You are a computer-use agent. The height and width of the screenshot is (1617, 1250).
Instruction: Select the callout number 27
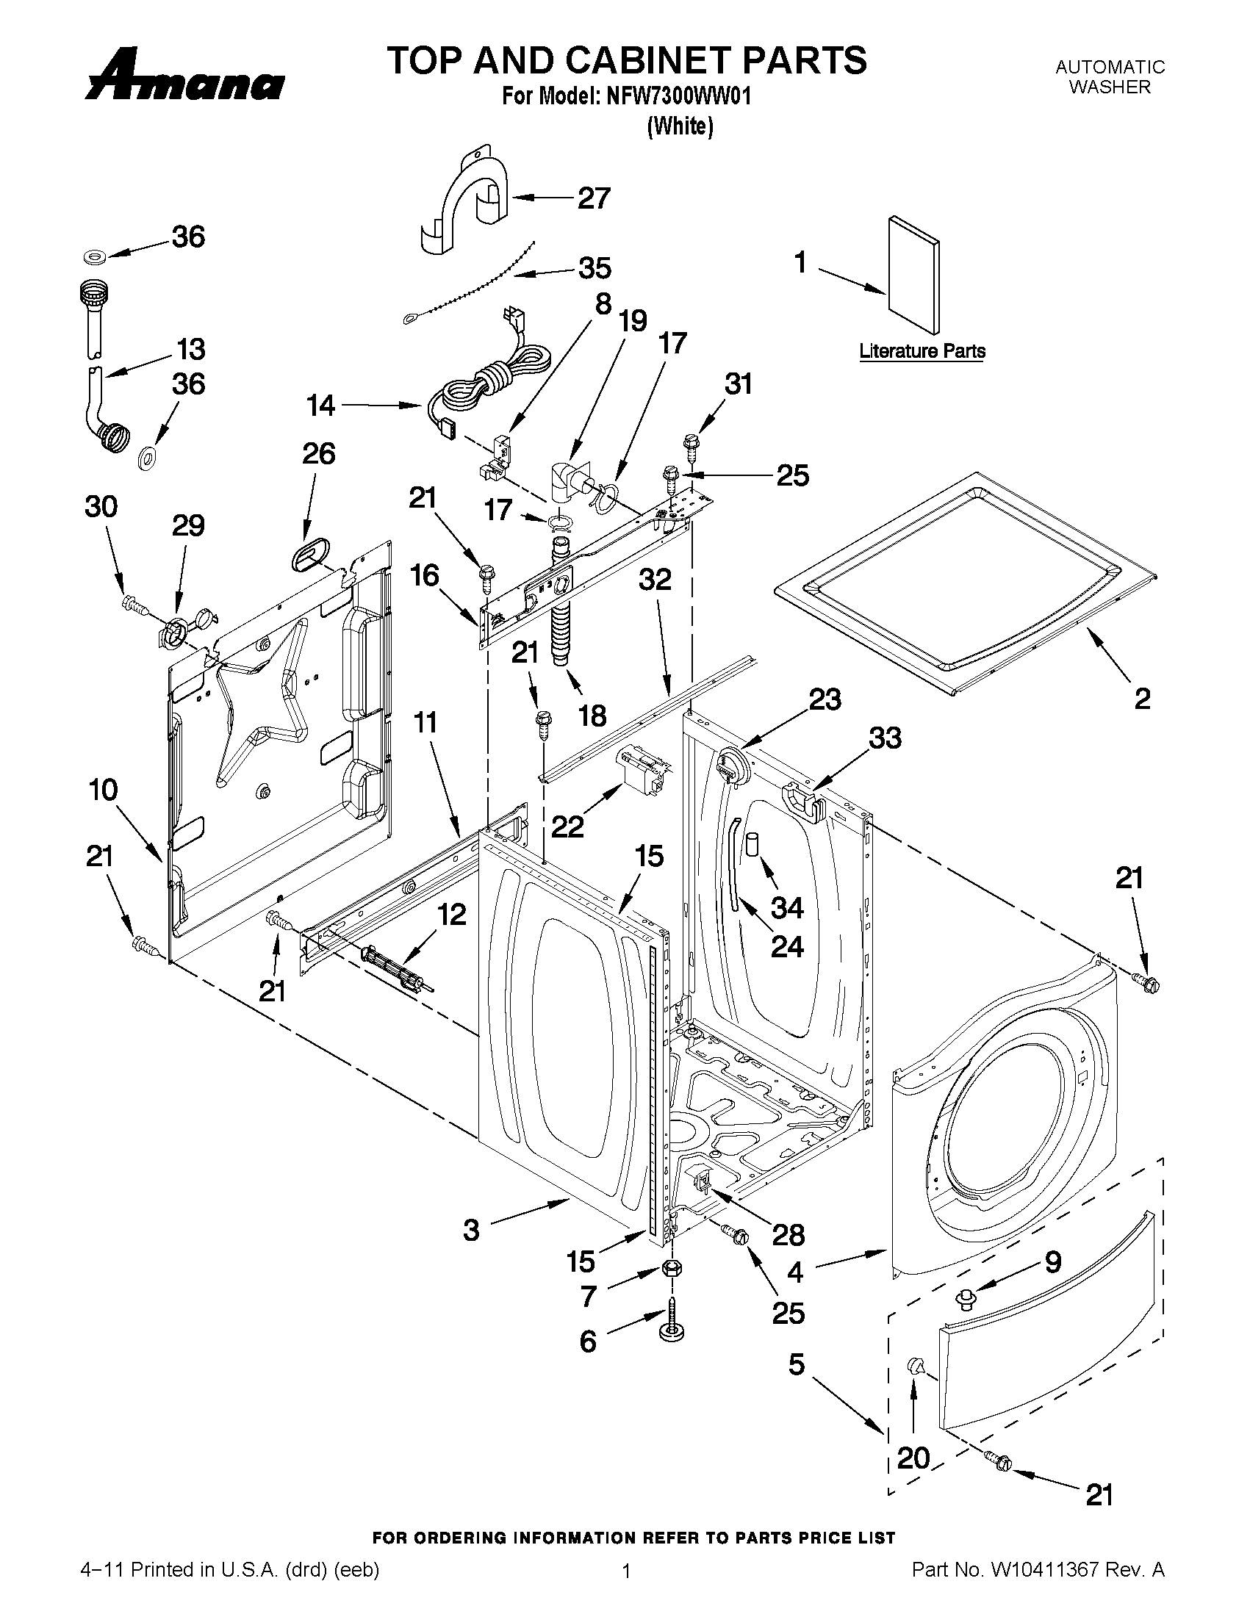click(x=594, y=198)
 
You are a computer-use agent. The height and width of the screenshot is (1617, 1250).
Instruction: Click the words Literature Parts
click(x=922, y=351)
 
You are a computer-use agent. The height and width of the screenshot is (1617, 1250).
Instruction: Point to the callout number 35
click(x=595, y=268)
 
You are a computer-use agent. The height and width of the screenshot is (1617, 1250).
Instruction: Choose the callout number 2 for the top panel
click(x=1142, y=698)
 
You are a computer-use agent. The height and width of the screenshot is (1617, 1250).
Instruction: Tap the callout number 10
click(x=104, y=790)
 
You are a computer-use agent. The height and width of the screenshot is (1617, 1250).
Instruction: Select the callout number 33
click(x=885, y=738)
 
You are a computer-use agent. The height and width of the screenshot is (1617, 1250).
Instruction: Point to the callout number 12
click(x=451, y=915)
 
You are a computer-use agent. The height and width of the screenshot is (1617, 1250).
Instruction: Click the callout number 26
click(x=318, y=453)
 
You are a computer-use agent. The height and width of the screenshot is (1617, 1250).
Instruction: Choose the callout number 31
click(x=738, y=383)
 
